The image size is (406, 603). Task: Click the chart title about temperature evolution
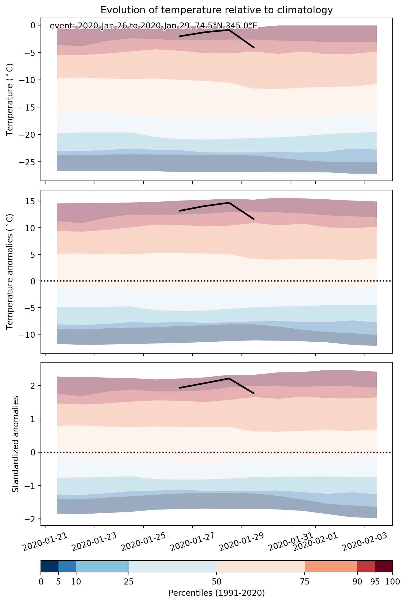[217, 10]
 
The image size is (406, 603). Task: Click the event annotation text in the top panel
[153, 26]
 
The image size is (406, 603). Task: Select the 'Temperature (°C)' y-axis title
[10, 99]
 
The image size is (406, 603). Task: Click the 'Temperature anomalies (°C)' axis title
[10, 271]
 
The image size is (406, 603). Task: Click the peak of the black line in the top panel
[229, 30]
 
